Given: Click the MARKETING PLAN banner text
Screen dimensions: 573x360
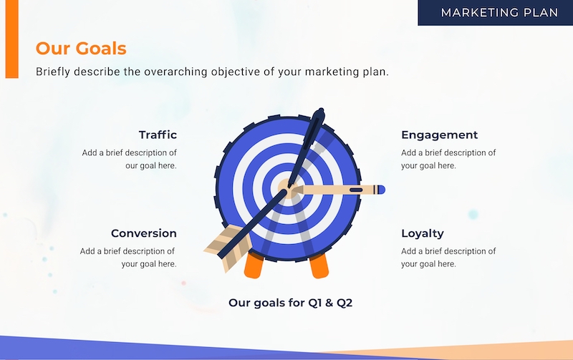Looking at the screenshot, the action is point(499,13).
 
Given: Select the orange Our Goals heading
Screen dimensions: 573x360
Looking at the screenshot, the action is point(81,48).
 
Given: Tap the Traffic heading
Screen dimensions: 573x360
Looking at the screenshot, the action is point(158,135).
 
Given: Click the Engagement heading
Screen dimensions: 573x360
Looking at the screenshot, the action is point(439,135).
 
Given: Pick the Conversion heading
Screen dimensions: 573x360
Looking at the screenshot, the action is point(144,233).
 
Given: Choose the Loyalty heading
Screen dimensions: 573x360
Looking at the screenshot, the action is point(423,233).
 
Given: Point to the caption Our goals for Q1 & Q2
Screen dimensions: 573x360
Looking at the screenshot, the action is point(291,303).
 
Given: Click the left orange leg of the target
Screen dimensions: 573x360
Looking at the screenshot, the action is point(254,266).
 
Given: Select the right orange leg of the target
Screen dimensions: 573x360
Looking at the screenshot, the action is point(319,266).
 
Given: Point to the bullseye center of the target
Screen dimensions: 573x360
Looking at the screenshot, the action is point(288,189).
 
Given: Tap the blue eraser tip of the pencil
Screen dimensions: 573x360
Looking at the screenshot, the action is point(381,190).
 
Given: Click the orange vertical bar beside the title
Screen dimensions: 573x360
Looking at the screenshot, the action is point(11,39).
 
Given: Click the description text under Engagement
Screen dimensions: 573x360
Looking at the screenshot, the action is point(448,159).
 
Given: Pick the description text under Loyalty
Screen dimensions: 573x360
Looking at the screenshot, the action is point(448,258).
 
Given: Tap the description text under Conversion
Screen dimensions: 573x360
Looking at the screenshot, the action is point(128,258).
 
